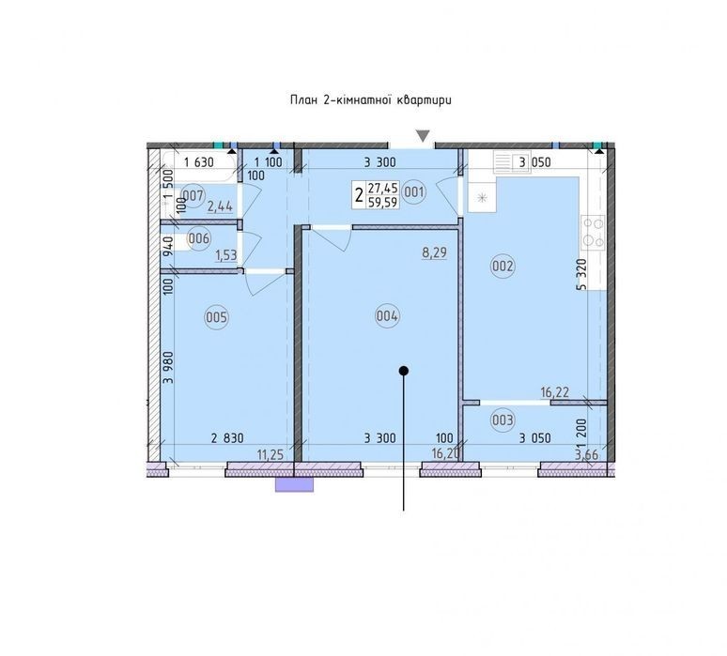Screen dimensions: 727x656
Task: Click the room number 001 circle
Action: pos(414,191)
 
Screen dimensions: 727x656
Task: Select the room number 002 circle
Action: pos(503,266)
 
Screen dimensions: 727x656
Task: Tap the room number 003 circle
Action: pos(503,420)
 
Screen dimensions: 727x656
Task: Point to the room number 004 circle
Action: pos(387,316)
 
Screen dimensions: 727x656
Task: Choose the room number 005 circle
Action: pos(217,317)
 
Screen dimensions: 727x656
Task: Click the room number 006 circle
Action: pos(199,238)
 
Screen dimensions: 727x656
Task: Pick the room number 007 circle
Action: pos(192,195)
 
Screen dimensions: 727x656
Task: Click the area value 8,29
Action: pos(435,253)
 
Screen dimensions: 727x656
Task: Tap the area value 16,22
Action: pos(555,393)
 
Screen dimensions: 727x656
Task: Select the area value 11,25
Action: pos(271,455)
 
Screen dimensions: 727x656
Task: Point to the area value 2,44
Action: pos(220,206)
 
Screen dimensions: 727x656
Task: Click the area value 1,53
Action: pos(226,255)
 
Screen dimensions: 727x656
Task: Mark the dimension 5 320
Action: pos(581,274)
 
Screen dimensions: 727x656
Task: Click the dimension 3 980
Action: pos(168,367)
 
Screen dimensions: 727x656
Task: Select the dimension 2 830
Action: pos(227,437)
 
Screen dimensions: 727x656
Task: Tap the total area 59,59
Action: pos(382,203)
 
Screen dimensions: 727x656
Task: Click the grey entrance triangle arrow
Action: pos(423,136)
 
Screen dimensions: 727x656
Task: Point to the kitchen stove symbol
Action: pos(593,233)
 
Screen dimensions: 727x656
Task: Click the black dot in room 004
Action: pos(403,371)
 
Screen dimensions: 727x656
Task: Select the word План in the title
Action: pos(302,100)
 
